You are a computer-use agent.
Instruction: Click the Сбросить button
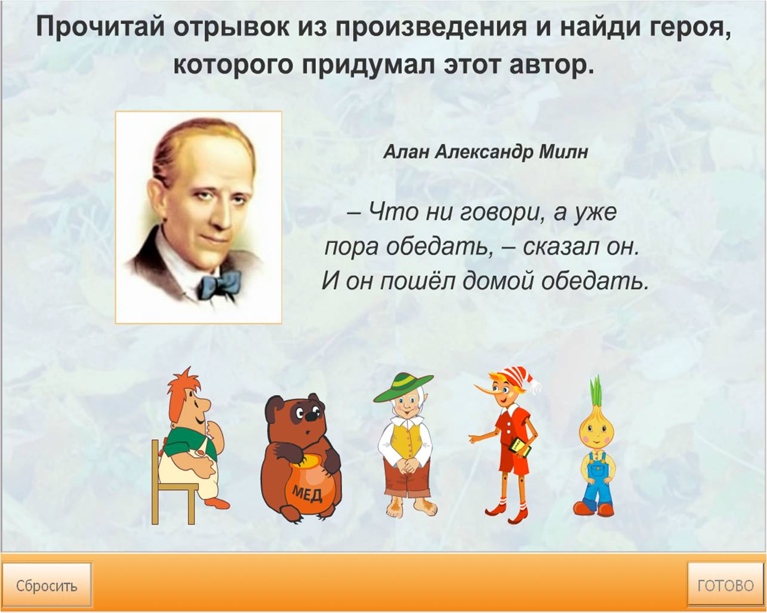(47, 586)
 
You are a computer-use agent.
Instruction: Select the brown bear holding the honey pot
(301, 458)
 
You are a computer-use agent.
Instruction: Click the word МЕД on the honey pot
(307, 493)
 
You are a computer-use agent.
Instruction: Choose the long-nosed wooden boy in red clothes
(505, 446)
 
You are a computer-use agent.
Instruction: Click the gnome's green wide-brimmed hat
(403, 387)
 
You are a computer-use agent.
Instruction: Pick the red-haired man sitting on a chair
(189, 445)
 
